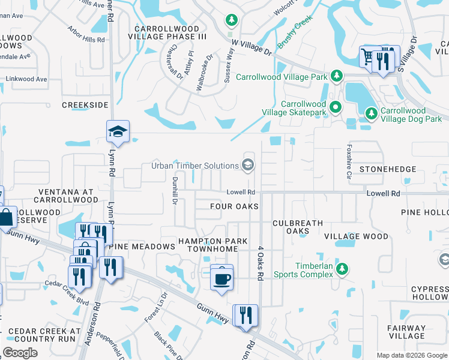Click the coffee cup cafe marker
tap(221, 278)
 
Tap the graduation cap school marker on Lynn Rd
tap(118, 133)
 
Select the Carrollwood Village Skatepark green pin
tap(336, 108)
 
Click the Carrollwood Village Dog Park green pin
tap(372, 112)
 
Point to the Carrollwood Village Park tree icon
tap(337, 76)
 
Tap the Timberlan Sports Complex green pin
tap(342, 268)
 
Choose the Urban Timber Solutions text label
tap(194, 166)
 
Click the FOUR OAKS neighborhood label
tap(234, 206)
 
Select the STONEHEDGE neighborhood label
tap(388, 170)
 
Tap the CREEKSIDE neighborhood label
tap(85, 105)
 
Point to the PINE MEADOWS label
tap(142, 247)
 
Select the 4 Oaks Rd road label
tap(261, 263)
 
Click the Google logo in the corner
tap(20, 353)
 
